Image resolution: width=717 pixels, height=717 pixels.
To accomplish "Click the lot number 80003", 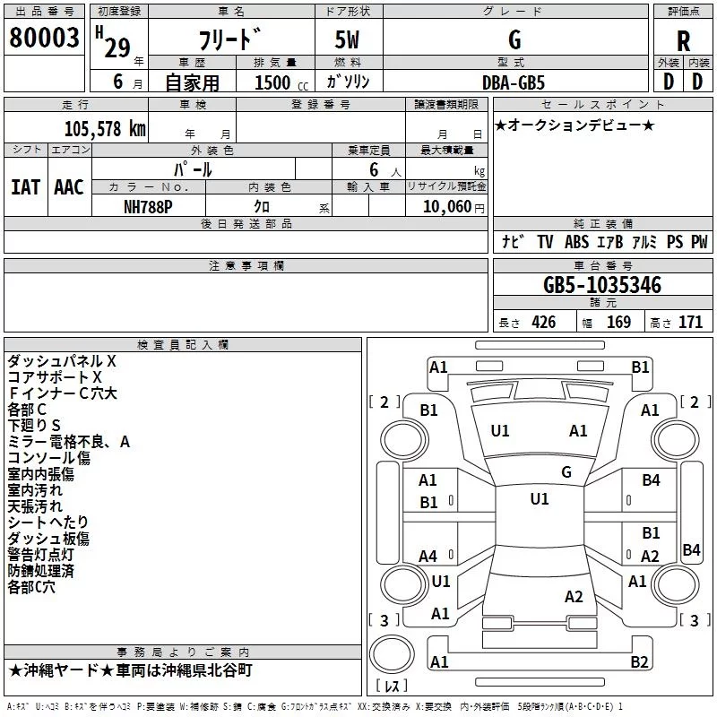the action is [x=44, y=38].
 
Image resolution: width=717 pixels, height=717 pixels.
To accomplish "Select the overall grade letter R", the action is [x=683, y=41].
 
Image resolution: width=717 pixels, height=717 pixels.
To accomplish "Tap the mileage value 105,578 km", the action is [x=105, y=129].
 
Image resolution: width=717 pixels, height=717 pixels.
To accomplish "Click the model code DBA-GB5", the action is [x=514, y=82].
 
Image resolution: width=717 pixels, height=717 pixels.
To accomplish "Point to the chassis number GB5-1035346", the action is [x=602, y=285].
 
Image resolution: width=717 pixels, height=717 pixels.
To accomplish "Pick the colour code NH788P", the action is [x=148, y=207].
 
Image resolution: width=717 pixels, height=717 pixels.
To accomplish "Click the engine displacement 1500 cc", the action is [x=281, y=82].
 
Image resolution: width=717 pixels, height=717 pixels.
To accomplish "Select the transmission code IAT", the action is [x=25, y=187].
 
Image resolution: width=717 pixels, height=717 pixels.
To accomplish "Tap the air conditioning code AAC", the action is [x=69, y=187].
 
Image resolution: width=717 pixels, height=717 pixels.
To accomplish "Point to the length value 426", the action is [x=544, y=323].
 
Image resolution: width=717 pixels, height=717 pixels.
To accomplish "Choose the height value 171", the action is [x=690, y=323].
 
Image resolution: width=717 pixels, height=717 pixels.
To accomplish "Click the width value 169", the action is [x=618, y=323].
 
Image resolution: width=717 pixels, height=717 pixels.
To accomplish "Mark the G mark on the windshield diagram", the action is [x=566, y=472].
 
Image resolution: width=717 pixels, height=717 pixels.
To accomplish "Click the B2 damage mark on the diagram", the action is [x=639, y=661].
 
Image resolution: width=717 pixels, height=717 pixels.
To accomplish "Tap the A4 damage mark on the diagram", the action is [x=428, y=557].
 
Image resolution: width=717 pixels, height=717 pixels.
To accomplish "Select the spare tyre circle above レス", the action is [x=392, y=654].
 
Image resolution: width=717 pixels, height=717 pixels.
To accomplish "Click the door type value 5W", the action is [x=347, y=39].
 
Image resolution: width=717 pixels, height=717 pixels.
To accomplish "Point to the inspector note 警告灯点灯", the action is [x=40, y=555].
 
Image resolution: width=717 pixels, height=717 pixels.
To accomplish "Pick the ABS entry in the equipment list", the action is [x=576, y=242].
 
